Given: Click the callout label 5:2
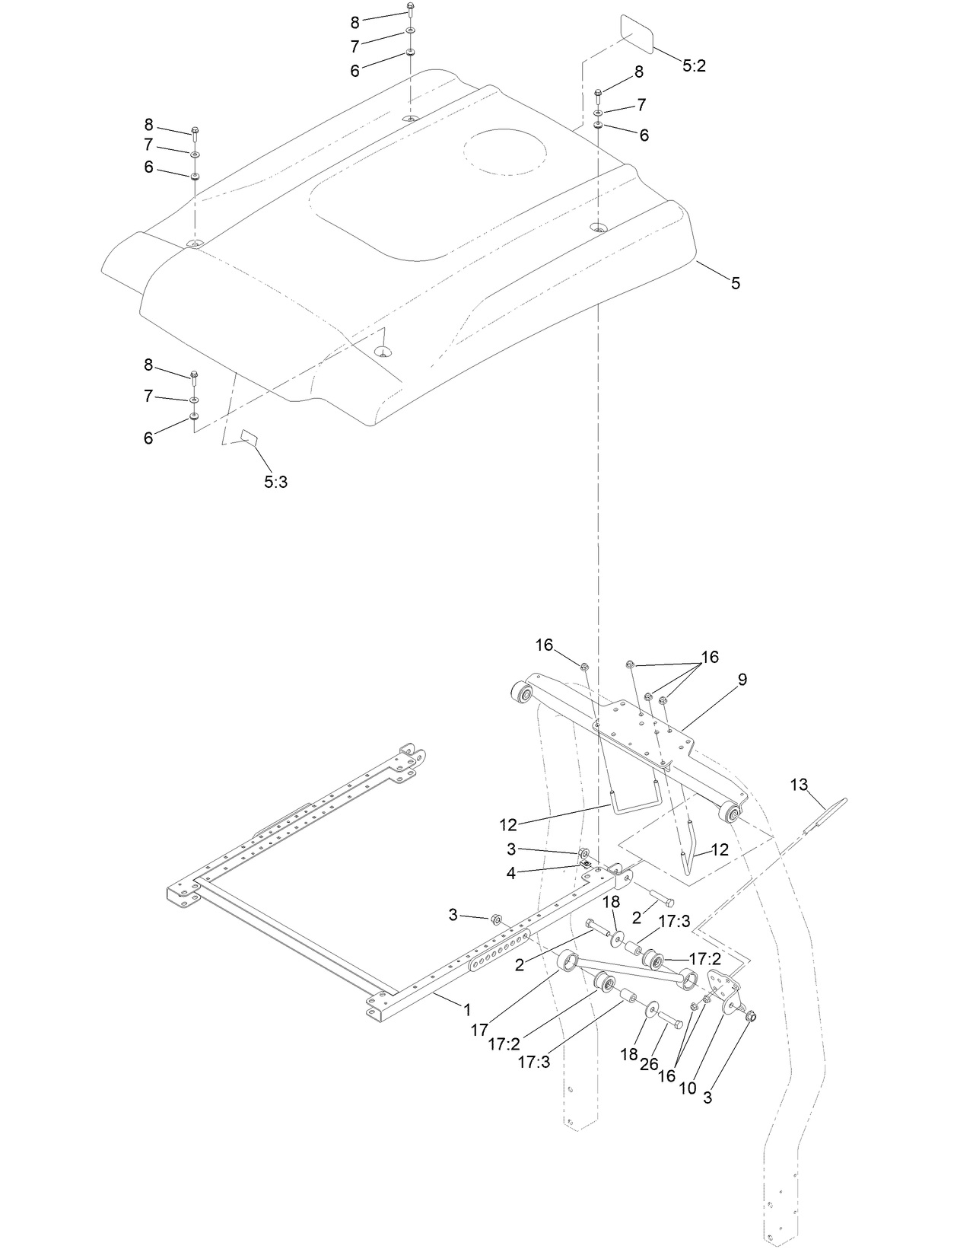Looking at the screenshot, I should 694,66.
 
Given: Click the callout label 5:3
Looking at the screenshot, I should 275,482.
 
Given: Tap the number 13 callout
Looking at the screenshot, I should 799,785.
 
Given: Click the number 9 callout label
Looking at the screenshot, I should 742,679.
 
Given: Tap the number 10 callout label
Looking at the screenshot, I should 687,1088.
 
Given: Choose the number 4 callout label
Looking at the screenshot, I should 511,873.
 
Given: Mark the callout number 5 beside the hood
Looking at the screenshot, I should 735,283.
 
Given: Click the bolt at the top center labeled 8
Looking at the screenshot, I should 410,10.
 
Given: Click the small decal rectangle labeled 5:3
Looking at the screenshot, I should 250,436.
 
